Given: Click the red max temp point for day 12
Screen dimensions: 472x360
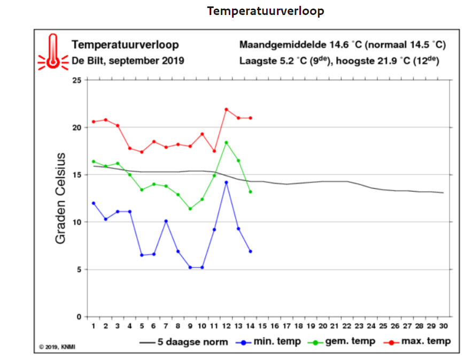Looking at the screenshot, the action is point(226,110).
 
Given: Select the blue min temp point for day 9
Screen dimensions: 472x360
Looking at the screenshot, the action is point(190,267).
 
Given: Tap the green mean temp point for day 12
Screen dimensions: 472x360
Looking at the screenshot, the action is point(226,143).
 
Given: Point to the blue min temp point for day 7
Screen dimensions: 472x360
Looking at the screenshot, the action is point(166,221).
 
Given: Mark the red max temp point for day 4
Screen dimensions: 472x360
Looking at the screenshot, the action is point(130,148).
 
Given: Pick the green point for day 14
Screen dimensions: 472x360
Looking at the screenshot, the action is point(251,192).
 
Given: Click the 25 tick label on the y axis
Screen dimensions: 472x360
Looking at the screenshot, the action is point(77,80).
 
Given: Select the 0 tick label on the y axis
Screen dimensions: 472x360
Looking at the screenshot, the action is point(79,317).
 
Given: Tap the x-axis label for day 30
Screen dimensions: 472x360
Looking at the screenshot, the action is point(444,326).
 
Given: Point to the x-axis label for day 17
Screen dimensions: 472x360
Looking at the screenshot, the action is point(287,326).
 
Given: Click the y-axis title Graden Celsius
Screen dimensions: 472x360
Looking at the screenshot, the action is point(60,198).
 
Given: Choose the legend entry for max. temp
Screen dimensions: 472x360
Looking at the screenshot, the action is point(417,342).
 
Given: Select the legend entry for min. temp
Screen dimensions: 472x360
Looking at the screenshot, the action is point(268,342).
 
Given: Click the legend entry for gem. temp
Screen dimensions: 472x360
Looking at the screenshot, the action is point(342,342).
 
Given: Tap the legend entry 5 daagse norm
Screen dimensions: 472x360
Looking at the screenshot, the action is point(184,342).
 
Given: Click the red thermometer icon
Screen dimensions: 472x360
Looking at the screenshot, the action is point(53,52).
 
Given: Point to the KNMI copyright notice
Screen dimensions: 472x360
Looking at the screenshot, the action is point(57,347).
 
